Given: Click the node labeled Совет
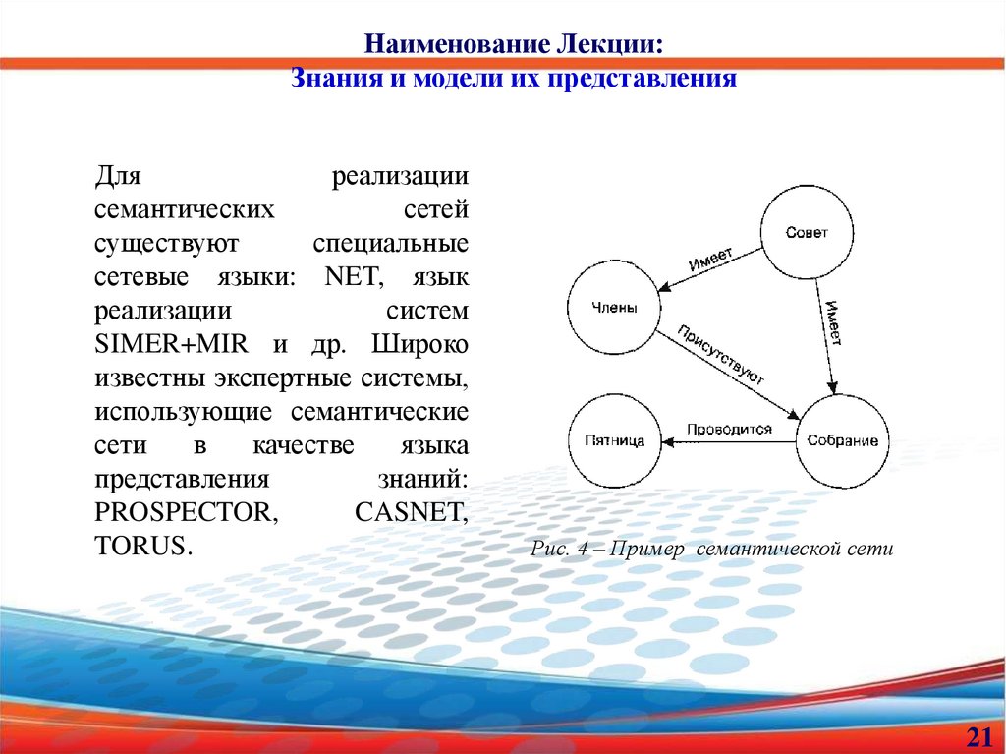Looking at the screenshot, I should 807,233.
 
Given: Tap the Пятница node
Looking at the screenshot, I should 613,440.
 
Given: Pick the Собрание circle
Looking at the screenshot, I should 842,440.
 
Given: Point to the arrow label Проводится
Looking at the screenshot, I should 728,430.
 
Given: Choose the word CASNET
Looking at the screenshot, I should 409,512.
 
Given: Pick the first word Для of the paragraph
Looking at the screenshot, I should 119,178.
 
